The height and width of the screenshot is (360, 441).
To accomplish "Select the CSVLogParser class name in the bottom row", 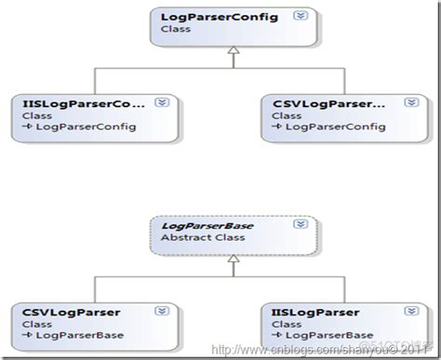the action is click(61, 311).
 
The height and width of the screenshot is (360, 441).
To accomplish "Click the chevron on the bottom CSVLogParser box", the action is click(160, 311).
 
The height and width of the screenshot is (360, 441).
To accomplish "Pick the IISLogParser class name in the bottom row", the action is click(302, 311).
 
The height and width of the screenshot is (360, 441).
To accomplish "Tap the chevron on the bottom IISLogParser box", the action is click(394, 311).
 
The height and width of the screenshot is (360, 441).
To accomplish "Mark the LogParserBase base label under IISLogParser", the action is click(317, 335).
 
